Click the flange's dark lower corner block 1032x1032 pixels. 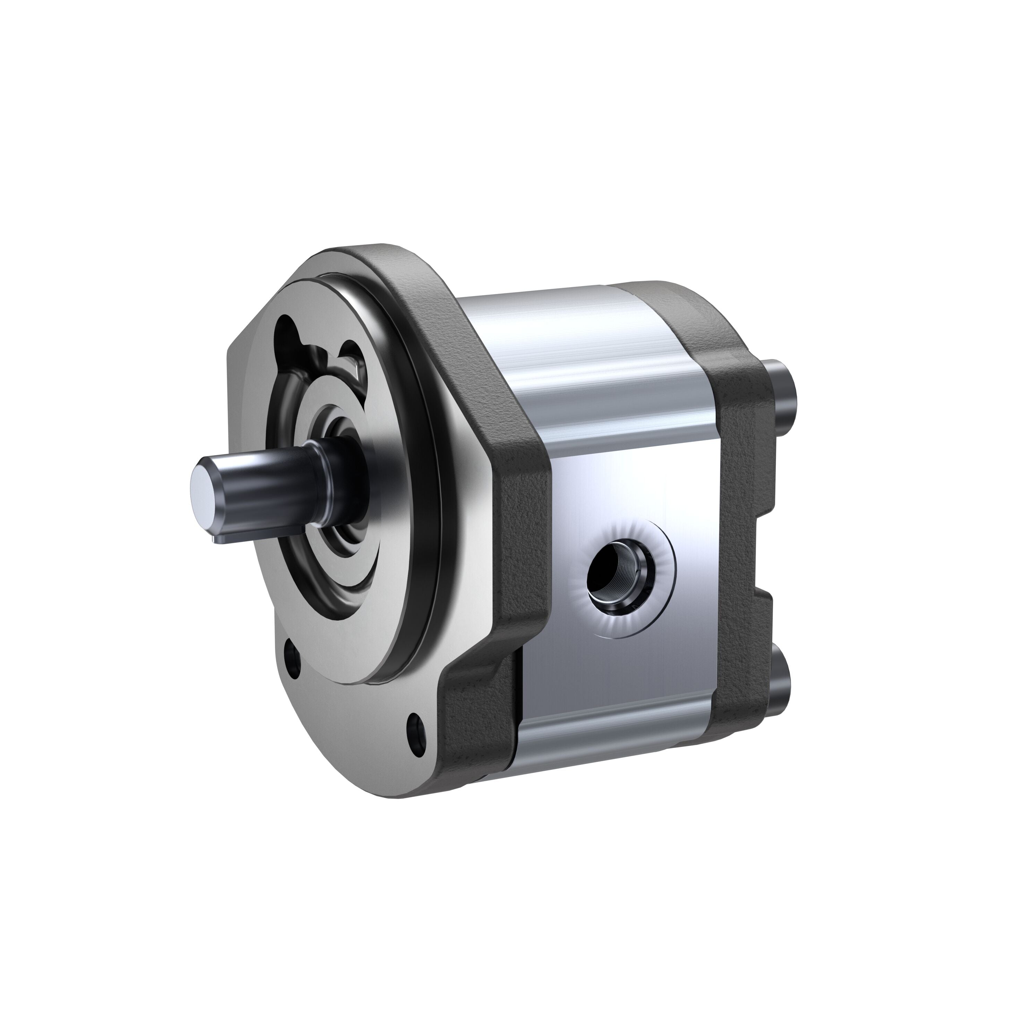[x=475, y=711]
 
